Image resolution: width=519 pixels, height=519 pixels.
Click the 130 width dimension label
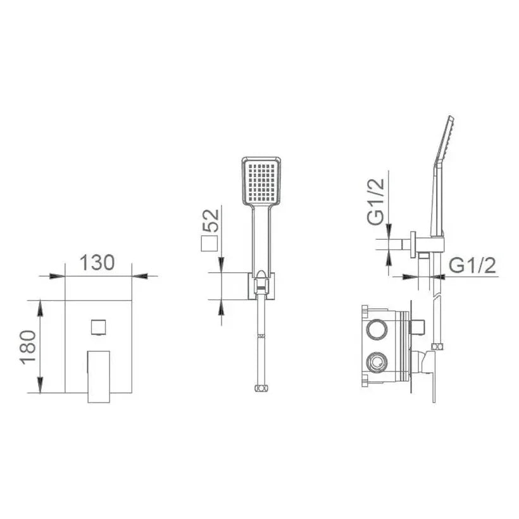[97, 263]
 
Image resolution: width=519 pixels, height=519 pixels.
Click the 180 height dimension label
[28, 347]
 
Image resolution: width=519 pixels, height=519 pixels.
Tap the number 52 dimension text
[211, 221]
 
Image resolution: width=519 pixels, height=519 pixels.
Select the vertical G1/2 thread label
[376, 201]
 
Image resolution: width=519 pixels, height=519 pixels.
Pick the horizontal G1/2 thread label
[473, 265]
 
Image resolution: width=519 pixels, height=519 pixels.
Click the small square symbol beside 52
[209, 244]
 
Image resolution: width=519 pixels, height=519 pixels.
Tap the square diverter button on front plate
[98, 327]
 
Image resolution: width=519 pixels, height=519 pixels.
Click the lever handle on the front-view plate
[99, 377]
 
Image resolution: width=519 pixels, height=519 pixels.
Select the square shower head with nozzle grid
[261, 181]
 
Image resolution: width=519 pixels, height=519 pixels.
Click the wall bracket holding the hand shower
[261, 286]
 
